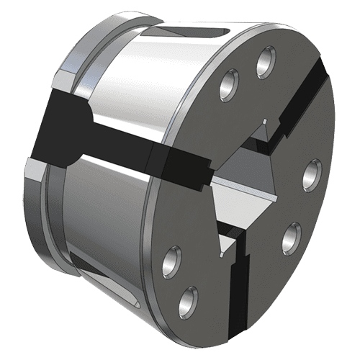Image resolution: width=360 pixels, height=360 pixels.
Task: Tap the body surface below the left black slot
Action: [x=108, y=209]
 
